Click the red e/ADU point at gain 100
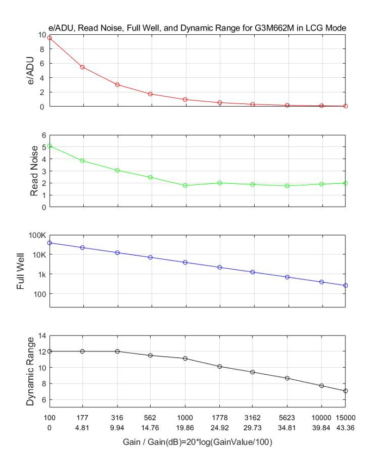(50, 38)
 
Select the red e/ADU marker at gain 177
(82, 67)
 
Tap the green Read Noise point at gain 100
(50, 146)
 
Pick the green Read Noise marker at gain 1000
(185, 185)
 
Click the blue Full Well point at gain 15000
(346, 286)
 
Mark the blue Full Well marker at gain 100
(50, 243)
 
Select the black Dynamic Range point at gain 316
(118, 351)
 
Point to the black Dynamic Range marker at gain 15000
(346, 391)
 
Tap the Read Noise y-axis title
(34, 171)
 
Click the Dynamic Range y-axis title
(31, 372)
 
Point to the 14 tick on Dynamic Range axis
(41, 335)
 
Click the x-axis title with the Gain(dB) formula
(197, 443)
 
